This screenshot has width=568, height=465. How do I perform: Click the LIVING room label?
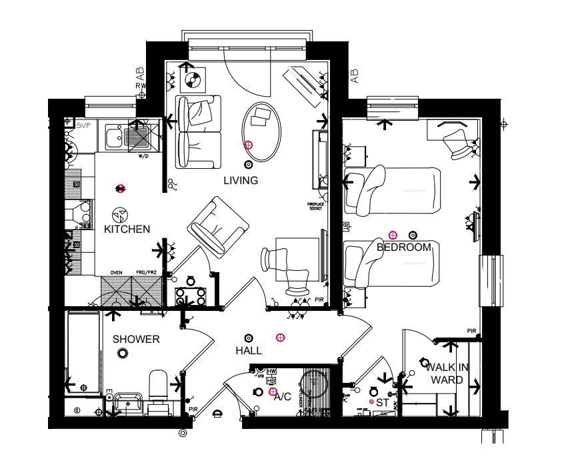click(x=240, y=181)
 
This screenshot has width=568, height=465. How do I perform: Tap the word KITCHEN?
click(x=127, y=229)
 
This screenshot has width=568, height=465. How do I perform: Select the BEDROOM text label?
click(x=404, y=248)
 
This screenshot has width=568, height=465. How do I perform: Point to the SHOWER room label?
click(x=136, y=340)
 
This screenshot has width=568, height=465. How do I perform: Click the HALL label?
click(x=248, y=351)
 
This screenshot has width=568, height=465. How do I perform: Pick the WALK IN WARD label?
click(x=447, y=374)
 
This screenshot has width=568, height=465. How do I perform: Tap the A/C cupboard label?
click(x=283, y=397)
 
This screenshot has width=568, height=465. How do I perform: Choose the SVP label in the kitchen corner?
click(x=83, y=125)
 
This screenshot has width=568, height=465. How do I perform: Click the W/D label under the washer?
click(x=143, y=157)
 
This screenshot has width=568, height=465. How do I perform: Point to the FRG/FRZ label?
click(x=146, y=272)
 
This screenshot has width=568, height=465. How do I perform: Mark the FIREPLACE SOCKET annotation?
click(x=315, y=206)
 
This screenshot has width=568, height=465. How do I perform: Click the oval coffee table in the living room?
click(x=261, y=131)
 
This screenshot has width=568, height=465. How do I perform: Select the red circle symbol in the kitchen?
click(x=120, y=189)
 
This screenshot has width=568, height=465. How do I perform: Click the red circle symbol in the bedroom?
click(x=393, y=234)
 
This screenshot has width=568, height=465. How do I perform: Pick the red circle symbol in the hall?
click(x=281, y=338)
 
